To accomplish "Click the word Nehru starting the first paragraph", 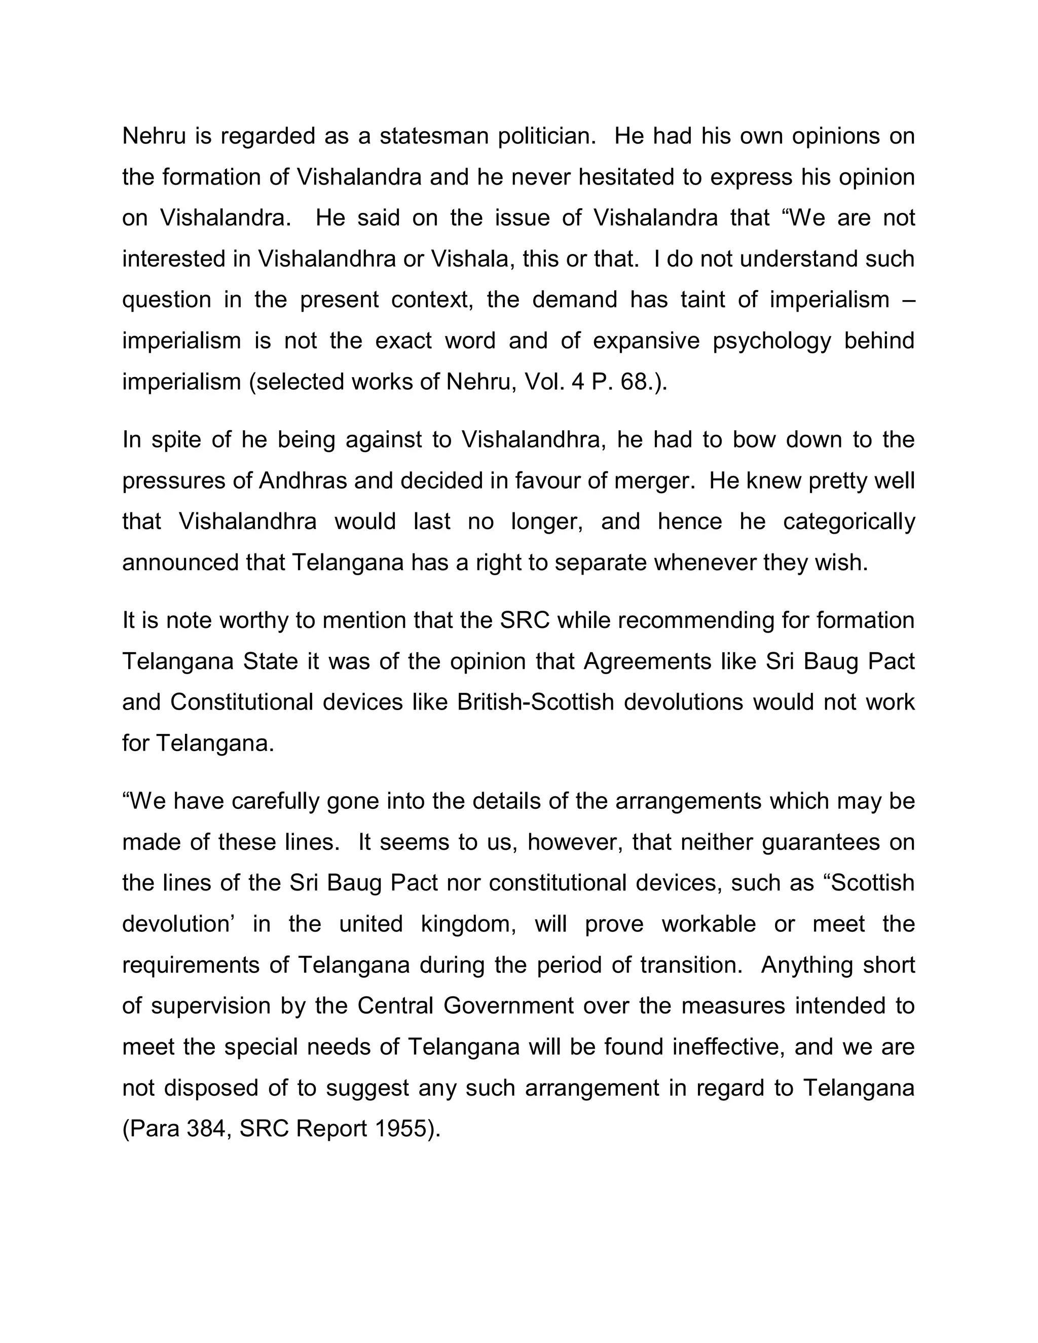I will coord(154,136).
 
